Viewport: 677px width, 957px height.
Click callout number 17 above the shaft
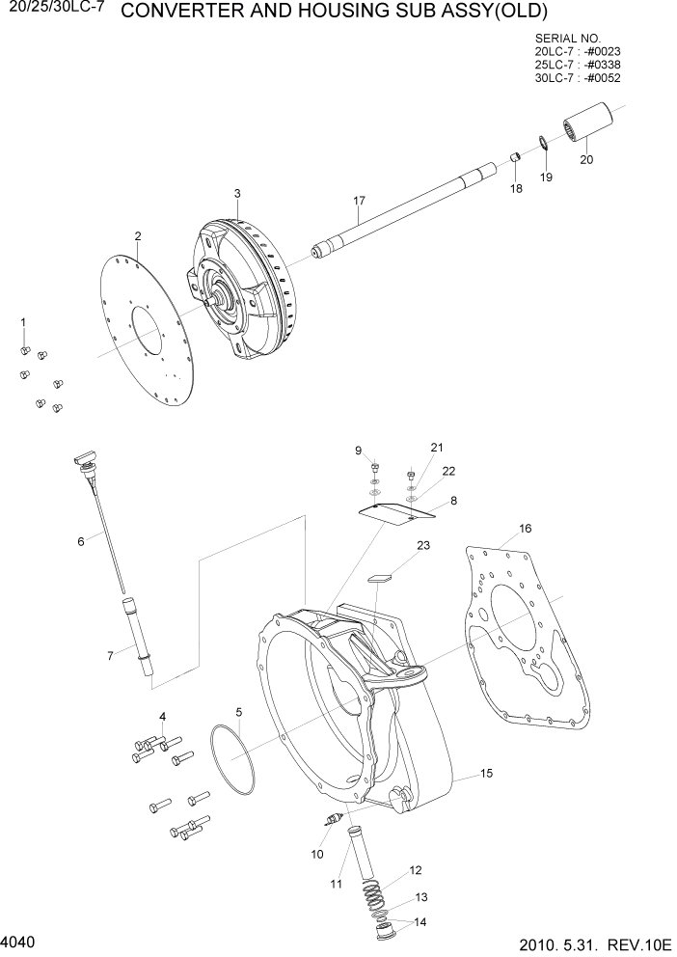(x=359, y=201)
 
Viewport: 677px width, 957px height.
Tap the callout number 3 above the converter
(x=237, y=194)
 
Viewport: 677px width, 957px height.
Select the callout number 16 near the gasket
(x=526, y=529)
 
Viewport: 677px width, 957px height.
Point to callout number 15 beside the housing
(x=487, y=774)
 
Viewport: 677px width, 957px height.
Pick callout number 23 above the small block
(x=422, y=545)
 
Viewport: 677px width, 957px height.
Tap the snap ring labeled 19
(x=544, y=144)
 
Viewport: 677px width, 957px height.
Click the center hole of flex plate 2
(x=147, y=333)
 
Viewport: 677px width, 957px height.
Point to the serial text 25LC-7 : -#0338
(x=577, y=65)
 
